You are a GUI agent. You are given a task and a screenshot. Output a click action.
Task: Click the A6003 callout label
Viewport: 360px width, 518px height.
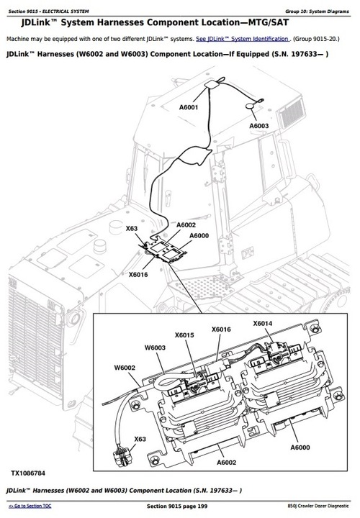(259, 126)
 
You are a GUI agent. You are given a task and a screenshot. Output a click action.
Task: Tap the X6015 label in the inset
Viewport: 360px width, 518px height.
(184, 335)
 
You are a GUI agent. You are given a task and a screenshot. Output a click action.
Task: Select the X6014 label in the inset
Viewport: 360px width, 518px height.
(264, 324)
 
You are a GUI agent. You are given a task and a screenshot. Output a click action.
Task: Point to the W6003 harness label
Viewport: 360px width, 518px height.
(155, 347)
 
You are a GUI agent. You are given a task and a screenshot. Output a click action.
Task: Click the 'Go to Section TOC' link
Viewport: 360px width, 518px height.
(30, 507)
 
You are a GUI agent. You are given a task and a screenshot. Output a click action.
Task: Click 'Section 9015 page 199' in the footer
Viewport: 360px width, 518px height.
(180, 507)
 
